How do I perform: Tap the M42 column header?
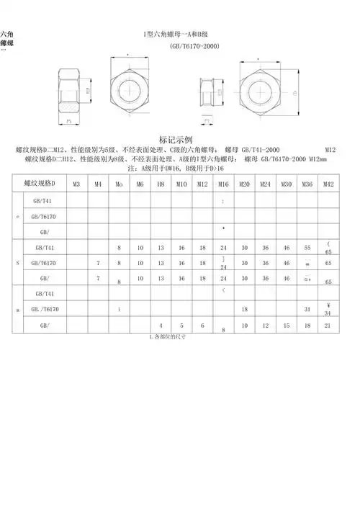[x=328, y=184]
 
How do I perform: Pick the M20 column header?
[x=244, y=184]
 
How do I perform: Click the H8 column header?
[x=161, y=184]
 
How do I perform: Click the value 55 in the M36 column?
[x=307, y=247]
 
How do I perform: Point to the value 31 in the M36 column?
[x=307, y=309]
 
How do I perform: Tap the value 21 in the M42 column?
[x=328, y=326]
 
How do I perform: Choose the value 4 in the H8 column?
[x=161, y=326]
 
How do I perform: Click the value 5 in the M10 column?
[x=182, y=326]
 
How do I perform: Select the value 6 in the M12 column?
[x=203, y=326]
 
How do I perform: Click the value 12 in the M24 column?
[x=266, y=326]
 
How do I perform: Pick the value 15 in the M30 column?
[x=287, y=326]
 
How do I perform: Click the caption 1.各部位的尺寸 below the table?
[x=167, y=336]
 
